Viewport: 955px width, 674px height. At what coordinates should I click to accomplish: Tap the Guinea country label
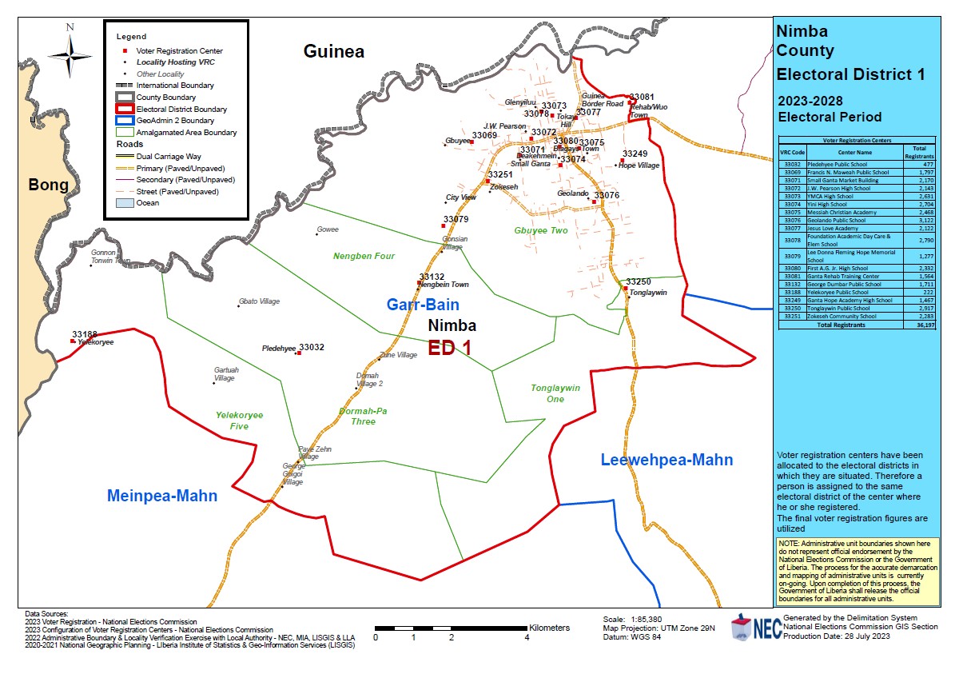[x=333, y=52]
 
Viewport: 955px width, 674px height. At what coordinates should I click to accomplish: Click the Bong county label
[x=49, y=185]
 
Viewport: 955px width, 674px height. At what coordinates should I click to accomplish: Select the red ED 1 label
[x=449, y=348]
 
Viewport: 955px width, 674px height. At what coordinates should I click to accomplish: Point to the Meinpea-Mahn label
[x=162, y=497]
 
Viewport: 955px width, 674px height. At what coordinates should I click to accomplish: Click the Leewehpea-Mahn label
[x=666, y=460]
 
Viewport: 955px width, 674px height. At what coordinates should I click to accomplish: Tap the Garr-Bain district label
[x=423, y=305]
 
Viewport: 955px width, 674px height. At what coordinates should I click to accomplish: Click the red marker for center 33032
[x=298, y=353]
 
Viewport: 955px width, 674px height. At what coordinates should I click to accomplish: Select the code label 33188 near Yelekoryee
[x=85, y=334]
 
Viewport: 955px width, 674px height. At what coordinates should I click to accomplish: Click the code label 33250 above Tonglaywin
[x=638, y=282]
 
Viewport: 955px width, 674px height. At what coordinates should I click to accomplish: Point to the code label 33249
[x=635, y=154]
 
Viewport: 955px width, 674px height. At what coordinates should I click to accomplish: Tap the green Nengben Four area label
[x=364, y=257]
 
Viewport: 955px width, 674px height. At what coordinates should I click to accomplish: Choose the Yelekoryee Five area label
[x=239, y=421]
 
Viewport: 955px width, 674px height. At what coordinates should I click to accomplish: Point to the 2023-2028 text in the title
[x=811, y=102]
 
